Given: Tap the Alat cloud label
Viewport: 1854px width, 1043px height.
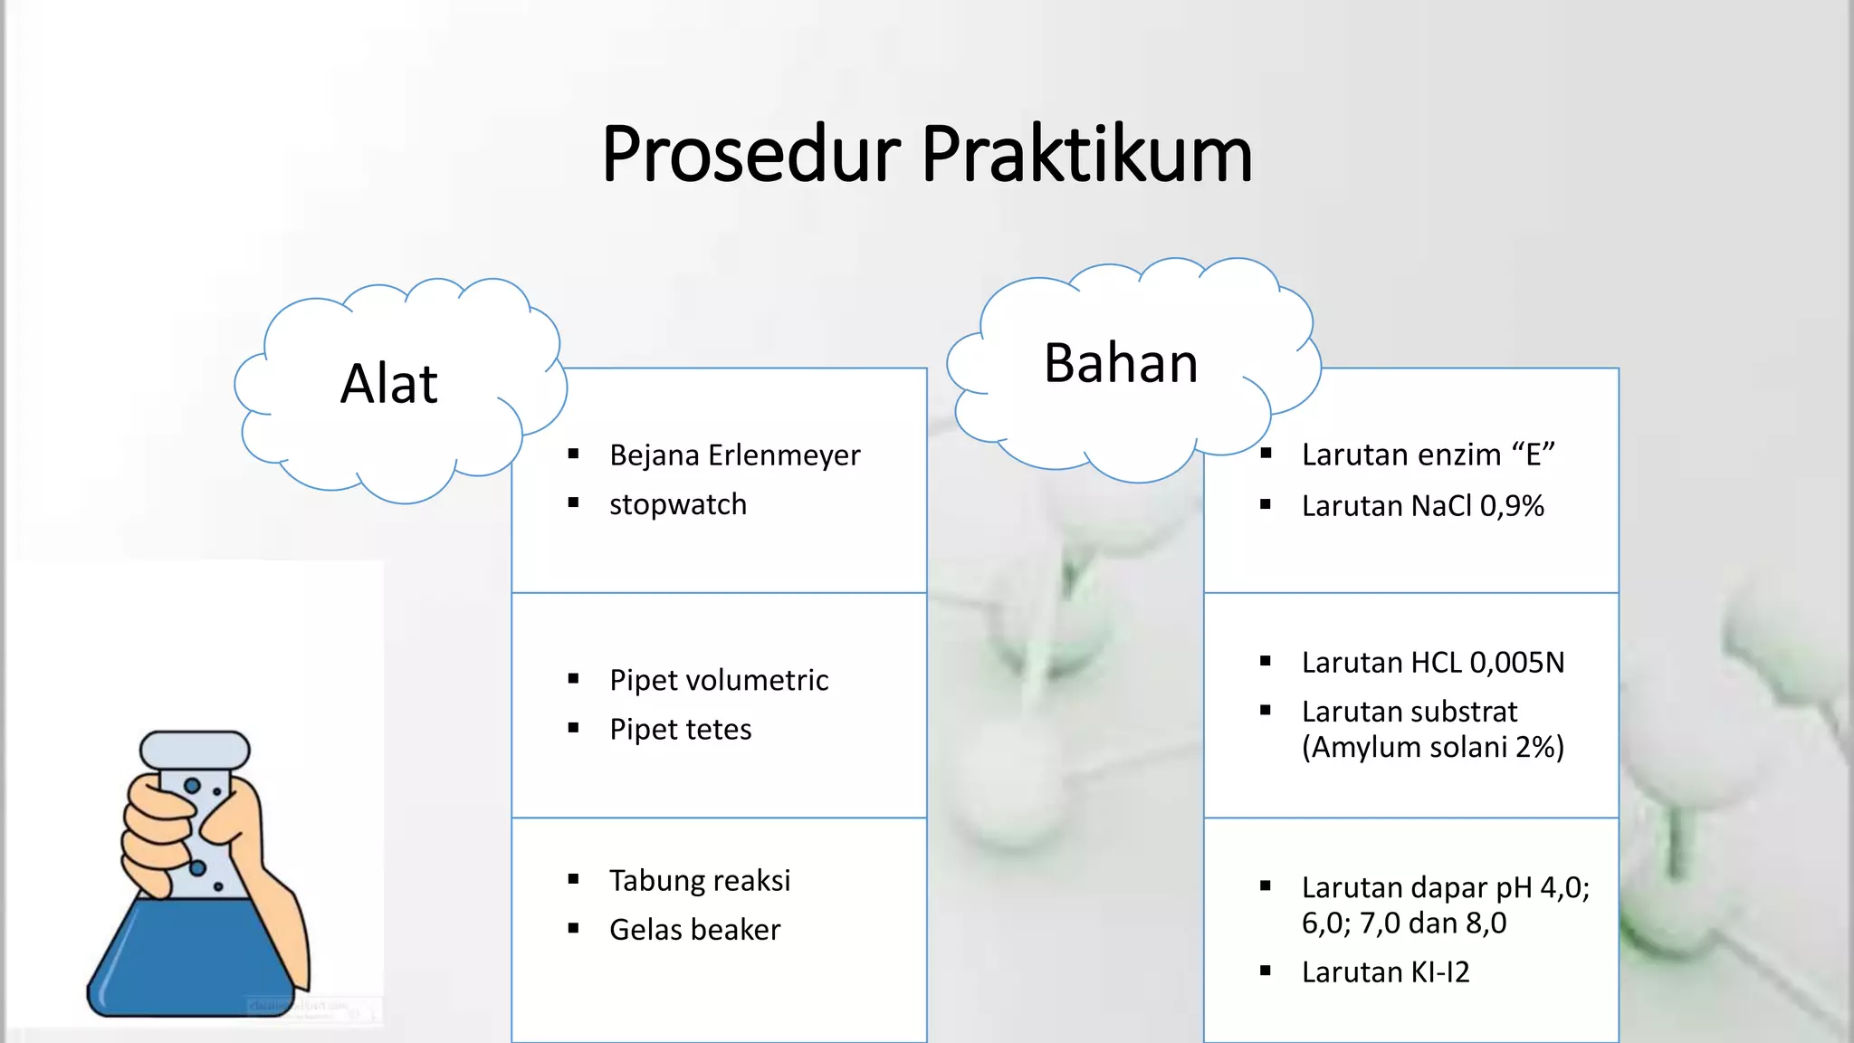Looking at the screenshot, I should click(x=389, y=383).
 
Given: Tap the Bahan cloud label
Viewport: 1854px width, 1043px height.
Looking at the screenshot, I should click(x=1121, y=363).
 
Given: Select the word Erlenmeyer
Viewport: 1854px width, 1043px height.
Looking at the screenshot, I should click(x=784, y=455).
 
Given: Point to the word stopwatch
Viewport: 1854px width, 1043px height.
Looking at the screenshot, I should click(x=678, y=504).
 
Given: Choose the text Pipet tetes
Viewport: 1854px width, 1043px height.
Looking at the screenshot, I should click(x=681, y=730).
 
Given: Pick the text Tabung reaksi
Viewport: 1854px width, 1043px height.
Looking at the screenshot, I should click(x=700, y=880).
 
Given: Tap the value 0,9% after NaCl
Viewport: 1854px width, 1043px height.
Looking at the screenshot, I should click(x=1512, y=506).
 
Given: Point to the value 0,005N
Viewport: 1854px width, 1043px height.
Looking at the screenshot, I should click(x=1517, y=663).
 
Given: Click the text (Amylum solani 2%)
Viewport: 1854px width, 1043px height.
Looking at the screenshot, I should click(x=1433, y=748).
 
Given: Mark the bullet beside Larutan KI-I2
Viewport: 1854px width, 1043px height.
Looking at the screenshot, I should click(x=1266, y=971).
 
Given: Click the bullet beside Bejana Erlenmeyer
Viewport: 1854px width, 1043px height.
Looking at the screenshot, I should click(x=573, y=454).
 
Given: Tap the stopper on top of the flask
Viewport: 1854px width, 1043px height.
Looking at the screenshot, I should click(x=195, y=749).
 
